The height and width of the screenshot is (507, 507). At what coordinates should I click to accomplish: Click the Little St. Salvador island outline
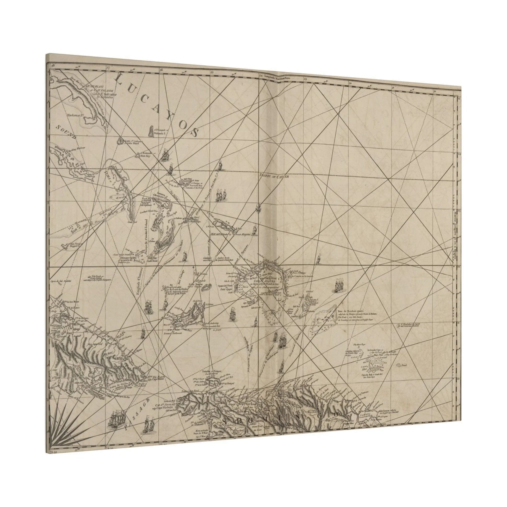pos(121,141)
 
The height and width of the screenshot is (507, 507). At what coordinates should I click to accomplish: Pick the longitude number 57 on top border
pos(108,68)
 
